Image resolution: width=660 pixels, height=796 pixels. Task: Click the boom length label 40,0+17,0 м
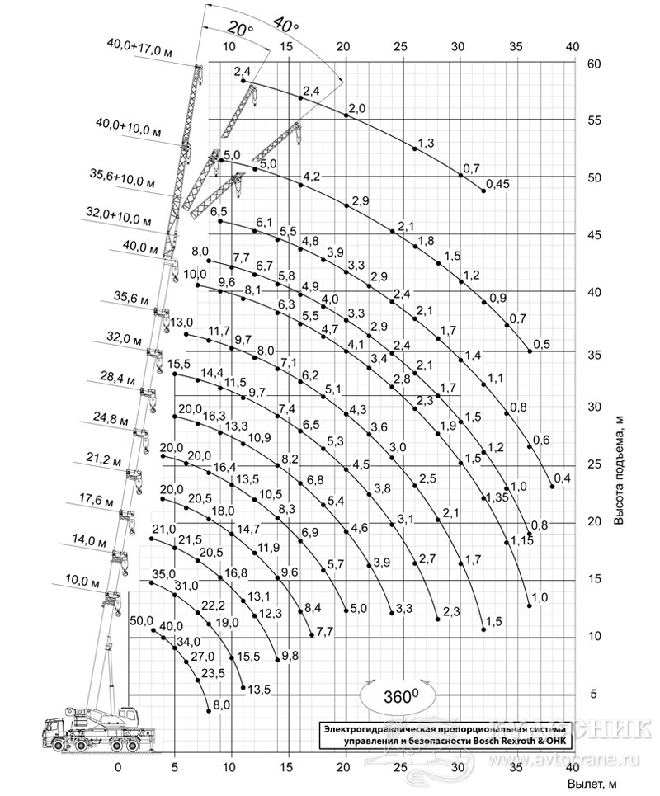[x=139, y=48]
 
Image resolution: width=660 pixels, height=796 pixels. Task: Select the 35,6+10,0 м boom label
[x=122, y=178]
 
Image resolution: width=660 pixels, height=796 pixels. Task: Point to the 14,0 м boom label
[x=89, y=540]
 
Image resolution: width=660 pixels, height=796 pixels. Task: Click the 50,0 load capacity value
[x=141, y=620]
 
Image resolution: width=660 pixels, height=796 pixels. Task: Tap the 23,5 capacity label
[x=213, y=673]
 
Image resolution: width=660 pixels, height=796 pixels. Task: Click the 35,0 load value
[x=164, y=574]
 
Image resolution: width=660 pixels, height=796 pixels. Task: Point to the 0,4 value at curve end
[x=562, y=478]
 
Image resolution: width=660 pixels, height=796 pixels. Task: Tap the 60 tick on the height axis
[x=594, y=64]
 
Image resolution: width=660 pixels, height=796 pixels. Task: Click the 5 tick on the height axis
[x=591, y=694]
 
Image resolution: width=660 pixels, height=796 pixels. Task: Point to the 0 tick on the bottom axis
[x=118, y=767]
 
